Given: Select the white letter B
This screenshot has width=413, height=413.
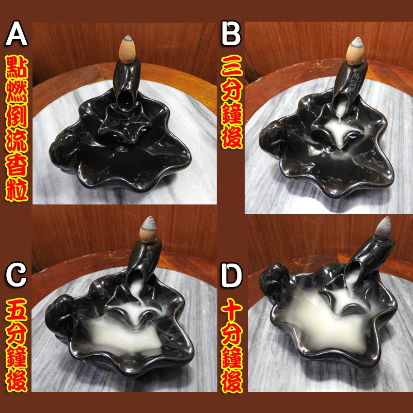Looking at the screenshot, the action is [231, 34].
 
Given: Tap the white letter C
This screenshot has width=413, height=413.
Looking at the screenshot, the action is [16, 275].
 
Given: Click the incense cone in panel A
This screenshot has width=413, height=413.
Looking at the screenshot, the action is [127, 49].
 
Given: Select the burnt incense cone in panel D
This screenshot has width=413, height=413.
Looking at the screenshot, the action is [383, 229].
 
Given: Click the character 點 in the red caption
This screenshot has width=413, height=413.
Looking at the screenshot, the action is [17, 68].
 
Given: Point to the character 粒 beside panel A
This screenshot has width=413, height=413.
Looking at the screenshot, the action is [17, 189].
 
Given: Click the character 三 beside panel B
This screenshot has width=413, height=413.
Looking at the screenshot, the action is [232, 67].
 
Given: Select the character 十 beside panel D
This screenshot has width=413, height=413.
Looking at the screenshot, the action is [232, 310].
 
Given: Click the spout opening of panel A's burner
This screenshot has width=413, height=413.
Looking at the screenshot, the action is [125, 100].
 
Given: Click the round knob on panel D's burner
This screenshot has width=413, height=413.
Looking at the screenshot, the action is [274, 282].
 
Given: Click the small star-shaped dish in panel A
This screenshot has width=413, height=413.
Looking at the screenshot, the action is [124, 123].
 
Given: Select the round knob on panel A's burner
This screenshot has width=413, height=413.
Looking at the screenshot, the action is [64, 151].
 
